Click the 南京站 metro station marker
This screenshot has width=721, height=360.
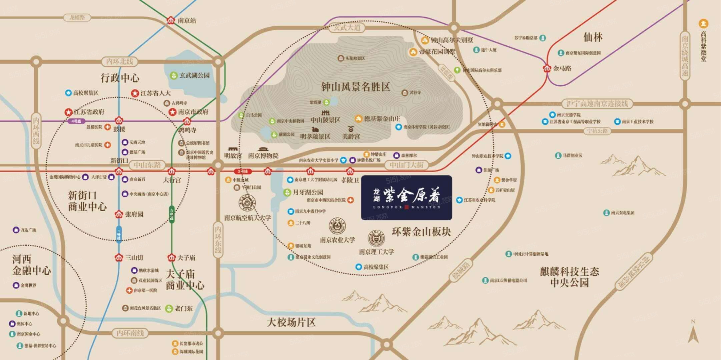tap(171, 20)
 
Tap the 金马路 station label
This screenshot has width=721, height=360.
tap(562, 69)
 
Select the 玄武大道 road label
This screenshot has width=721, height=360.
tap(347, 28)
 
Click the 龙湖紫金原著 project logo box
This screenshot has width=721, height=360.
tap(407, 198)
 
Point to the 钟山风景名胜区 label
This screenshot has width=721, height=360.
tap(355, 87)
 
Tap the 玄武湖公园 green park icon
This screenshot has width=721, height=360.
tap(173, 76)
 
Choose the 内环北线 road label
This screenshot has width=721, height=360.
tap(119, 62)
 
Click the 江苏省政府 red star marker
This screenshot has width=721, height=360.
tap(69, 112)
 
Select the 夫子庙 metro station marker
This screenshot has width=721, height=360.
tap(171, 258)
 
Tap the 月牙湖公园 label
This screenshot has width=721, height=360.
tap(308, 192)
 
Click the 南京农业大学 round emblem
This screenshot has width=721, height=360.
tap(337, 226)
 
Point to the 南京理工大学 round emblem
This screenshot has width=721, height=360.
tap(376, 238)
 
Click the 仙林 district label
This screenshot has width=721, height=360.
tap(593, 37)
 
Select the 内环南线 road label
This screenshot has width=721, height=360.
tap(130, 333)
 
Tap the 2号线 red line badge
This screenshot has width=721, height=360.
tap(242, 171)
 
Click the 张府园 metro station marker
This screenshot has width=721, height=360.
tap(119, 214)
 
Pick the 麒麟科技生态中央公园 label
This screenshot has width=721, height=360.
tap(569, 277)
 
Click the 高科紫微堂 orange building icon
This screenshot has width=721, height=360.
tap(703, 24)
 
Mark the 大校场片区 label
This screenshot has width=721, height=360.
tap(291, 322)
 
